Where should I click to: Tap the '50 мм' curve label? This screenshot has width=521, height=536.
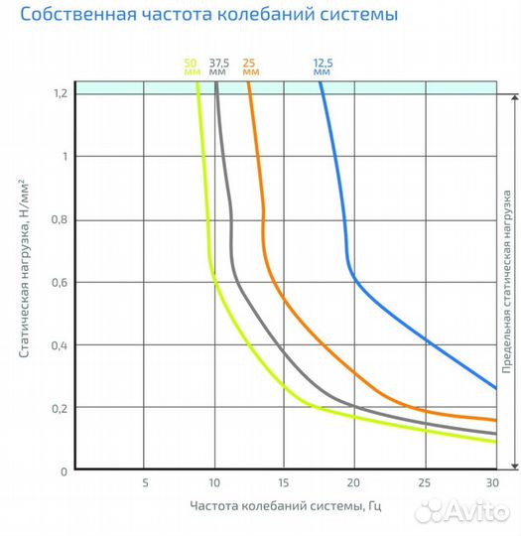pos(191,67)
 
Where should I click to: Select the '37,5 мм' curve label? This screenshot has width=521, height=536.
pos(219,67)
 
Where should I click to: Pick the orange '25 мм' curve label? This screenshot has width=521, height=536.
pos(251,67)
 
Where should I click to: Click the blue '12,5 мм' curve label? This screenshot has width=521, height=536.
pos(322,67)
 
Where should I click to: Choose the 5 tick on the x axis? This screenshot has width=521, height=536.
pos(145,483)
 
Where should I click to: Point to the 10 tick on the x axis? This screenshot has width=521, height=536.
pos(214,483)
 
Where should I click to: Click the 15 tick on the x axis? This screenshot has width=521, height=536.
pos(285,483)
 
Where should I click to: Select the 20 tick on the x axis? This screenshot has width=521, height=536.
pos(355,483)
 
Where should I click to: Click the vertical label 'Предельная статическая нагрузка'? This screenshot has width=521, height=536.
pos(506,282)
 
